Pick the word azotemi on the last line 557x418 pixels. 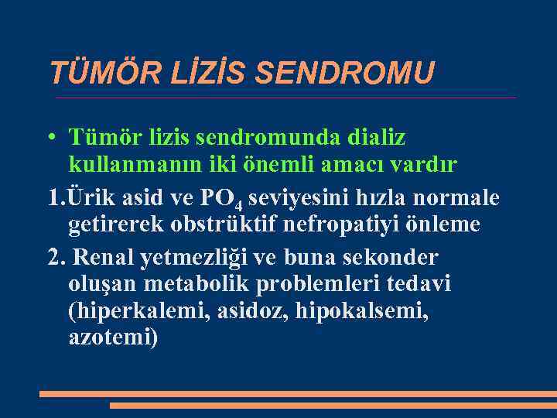[111, 338]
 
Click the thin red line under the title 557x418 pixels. [286, 98]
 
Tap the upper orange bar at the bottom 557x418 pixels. [298, 393]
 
